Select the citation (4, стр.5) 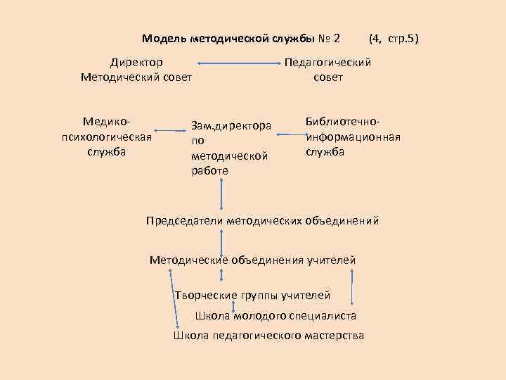tap(394, 37)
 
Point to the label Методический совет tap(136, 77)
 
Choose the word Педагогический tap(327, 63)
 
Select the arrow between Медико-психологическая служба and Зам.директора tap(167, 131)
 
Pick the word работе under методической tap(209, 170)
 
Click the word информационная tap(353, 137)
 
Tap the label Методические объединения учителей tap(253, 261)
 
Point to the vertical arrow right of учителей tap(351, 284)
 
